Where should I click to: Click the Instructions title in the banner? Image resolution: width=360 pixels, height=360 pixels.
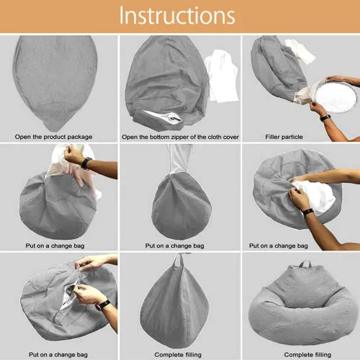(x=177, y=16)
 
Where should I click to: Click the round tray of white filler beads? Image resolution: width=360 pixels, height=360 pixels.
(x=336, y=96)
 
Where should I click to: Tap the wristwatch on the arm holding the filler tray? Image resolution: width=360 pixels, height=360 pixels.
(x=325, y=117)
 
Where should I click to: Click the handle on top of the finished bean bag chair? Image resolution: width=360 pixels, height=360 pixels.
(x=305, y=264)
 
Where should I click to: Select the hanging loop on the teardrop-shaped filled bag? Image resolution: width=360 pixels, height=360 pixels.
(x=178, y=260)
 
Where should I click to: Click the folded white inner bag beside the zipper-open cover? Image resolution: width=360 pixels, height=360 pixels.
(x=222, y=76)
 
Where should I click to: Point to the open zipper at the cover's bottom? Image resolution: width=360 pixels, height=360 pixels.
(x=163, y=117)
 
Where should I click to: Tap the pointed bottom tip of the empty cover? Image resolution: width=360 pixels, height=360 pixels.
(x=53, y=130)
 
